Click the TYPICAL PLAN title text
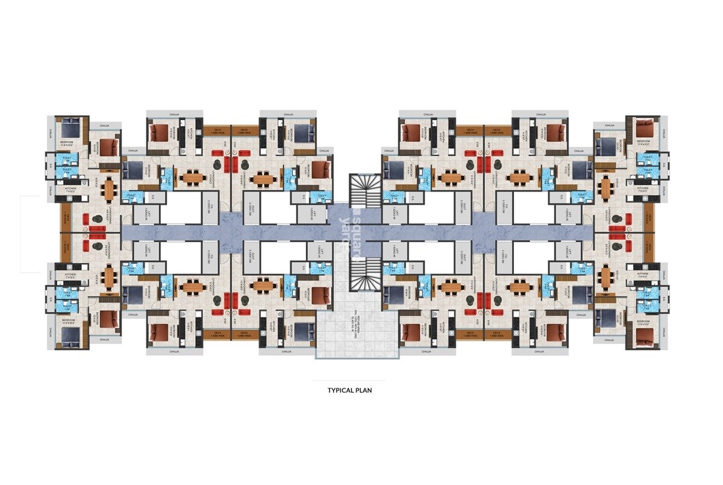(x=349, y=390)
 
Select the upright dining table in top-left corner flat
(x=109, y=190)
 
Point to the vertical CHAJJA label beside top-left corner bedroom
(x=51, y=132)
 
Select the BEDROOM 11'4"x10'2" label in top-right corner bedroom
(x=643, y=143)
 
